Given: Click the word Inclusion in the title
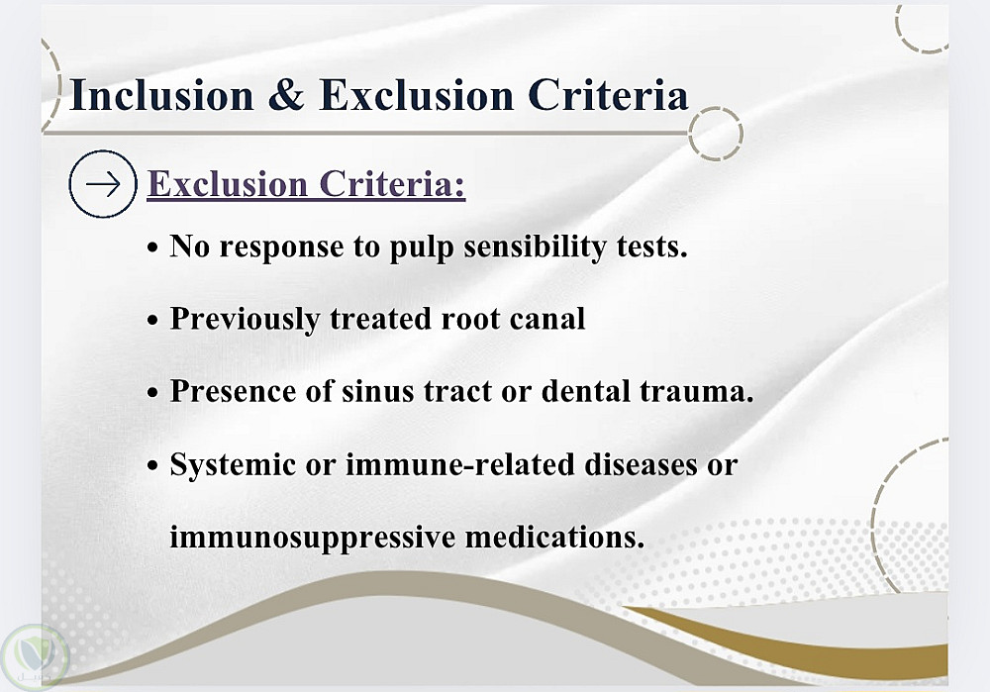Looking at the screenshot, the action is coord(161,95).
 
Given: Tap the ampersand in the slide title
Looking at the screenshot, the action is coord(286,95).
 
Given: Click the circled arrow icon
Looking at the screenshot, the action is coord(102,184).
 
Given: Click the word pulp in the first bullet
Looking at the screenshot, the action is coord(422,247).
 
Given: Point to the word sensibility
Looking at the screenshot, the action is coord(535,247).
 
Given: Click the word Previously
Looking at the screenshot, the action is coord(245,320).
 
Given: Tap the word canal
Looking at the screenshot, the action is coord(547,319).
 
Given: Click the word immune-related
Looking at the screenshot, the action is coord(460,464).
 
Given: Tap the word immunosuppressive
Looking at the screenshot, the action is coord(313,539).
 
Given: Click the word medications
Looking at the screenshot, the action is coord(555,538).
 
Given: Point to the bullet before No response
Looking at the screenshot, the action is coord(152,248).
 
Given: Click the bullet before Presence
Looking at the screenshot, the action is coord(152,393).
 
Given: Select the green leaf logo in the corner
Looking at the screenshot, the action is coord(34,658).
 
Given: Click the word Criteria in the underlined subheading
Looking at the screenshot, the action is coord(392,184).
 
